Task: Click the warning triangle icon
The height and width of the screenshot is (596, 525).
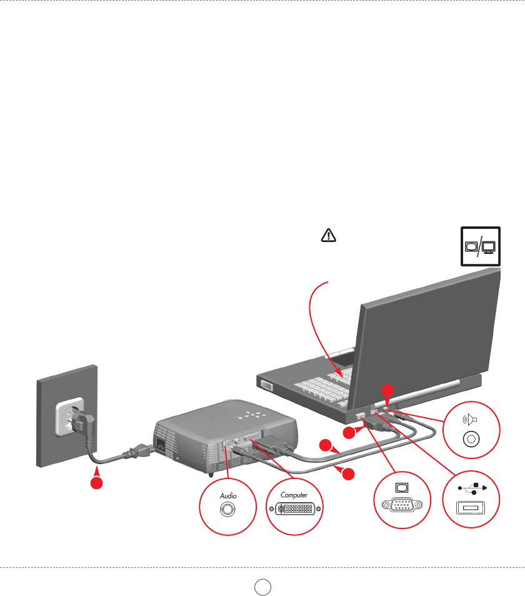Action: [x=329, y=235]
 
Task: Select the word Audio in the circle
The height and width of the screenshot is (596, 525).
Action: [x=227, y=495]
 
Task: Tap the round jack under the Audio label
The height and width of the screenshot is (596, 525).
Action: [x=227, y=509]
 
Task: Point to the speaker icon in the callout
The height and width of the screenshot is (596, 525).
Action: [x=469, y=420]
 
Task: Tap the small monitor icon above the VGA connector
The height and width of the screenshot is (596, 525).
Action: [x=402, y=486]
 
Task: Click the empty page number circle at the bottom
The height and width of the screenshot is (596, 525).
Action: [x=262, y=586]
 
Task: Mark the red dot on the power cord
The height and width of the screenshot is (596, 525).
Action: [x=96, y=484]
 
